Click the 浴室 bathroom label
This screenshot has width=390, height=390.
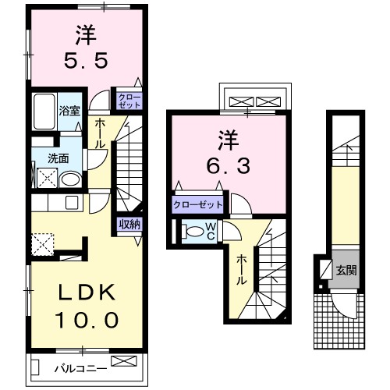click(69, 110)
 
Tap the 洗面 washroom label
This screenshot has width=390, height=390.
click(58, 158)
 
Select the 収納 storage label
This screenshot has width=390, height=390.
click(129, 224)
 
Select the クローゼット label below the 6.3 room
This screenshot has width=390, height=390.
click(198, 205)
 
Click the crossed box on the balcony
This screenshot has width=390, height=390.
click(123, 360)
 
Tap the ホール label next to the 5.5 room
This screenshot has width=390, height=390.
click(101, 134)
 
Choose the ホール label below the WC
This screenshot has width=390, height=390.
click(243, 269)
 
